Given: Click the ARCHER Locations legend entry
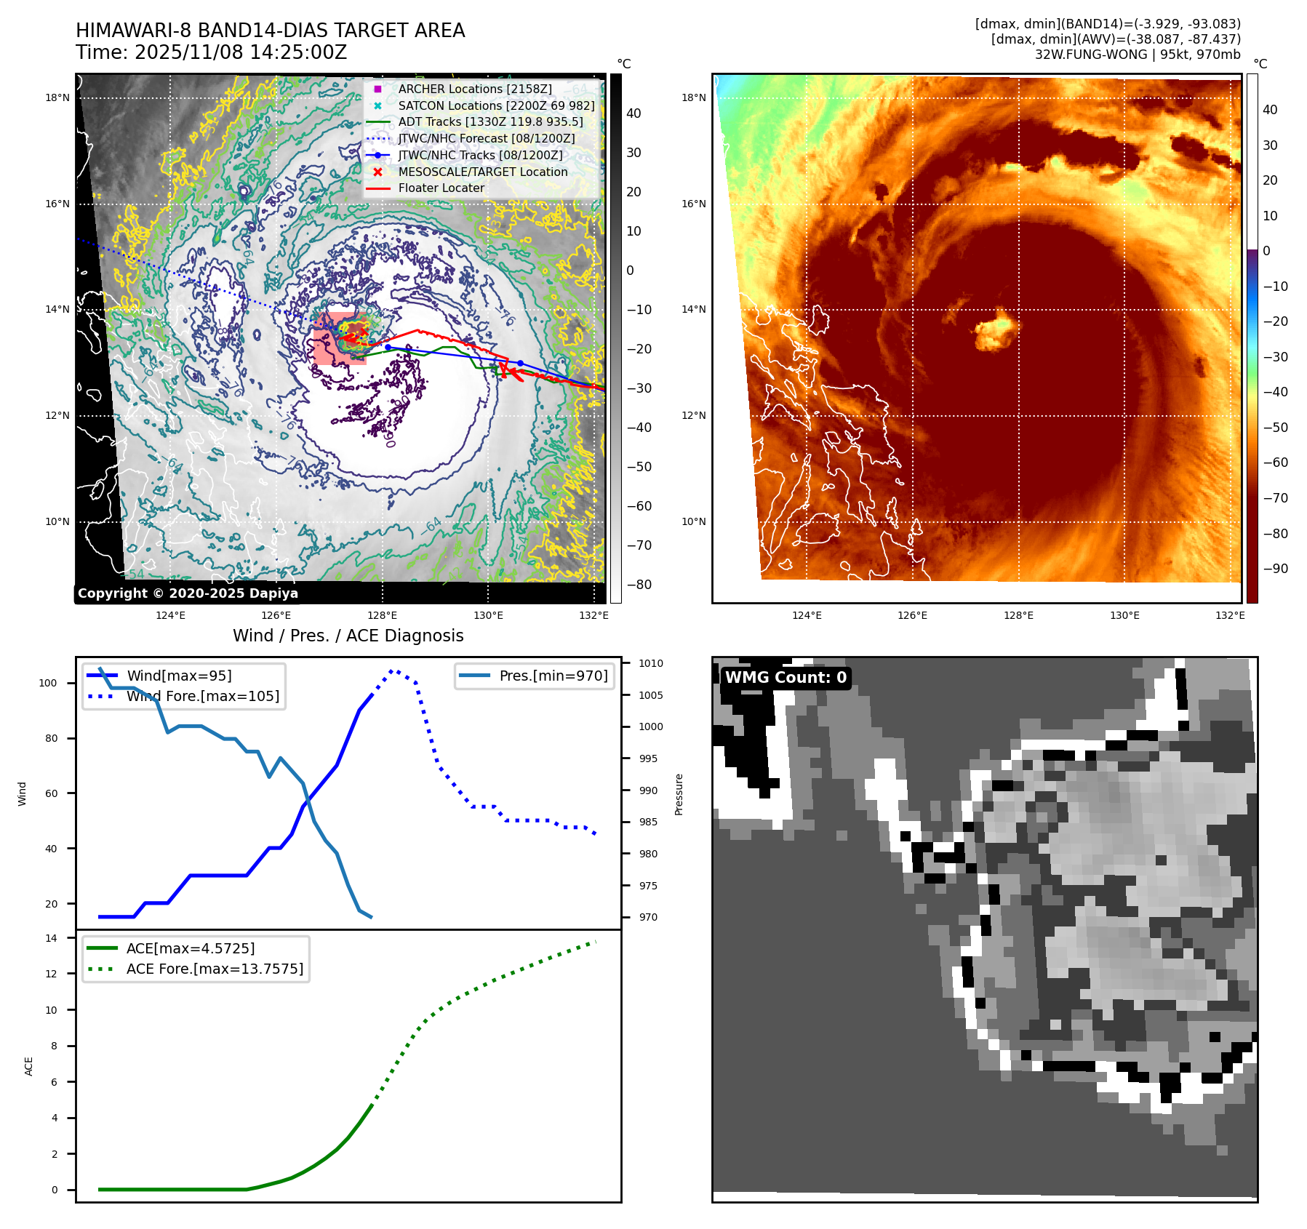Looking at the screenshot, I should tap(474, 89).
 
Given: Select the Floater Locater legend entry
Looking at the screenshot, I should tap(441, 188).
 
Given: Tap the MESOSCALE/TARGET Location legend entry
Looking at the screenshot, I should tap(482, 172).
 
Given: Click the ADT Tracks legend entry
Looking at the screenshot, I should tap(490, 121).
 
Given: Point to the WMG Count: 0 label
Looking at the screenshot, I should tap(786, 677).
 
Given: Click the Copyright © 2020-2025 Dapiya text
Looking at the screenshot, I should tap(188, 593).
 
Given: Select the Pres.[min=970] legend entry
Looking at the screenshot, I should tap(553, 676).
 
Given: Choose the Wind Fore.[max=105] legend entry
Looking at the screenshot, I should tap(202, 696).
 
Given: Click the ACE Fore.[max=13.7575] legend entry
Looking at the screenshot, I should tap(215, 969).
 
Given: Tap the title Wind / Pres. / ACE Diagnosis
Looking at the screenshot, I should tap(348, 636).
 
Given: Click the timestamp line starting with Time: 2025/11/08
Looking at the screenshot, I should tap(211, 52).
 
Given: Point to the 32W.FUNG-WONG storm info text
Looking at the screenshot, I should tap(1137, 55).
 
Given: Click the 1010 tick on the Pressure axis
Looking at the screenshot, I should tap(650, 663).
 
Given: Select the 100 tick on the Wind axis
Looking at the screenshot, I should tap(48, 683).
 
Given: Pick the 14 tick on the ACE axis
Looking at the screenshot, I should tap(51, 938).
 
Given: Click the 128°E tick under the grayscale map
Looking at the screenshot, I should tap(382, 615).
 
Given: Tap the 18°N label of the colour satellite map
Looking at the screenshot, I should tap(693, 97).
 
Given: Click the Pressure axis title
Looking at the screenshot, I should tap(679, 794).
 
